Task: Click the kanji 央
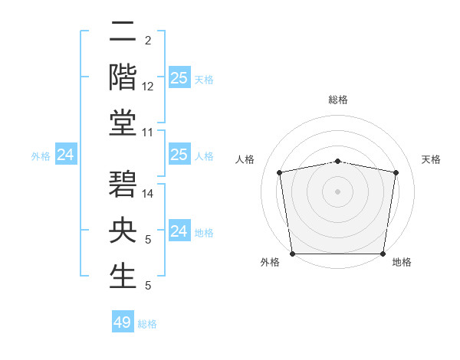[x=123, y=231]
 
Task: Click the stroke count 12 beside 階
[x=148, y=87]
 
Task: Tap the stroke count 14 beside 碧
[x=148, y=195]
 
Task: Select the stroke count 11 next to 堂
[x=148, y=133]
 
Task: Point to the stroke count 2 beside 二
[x=147, y=41]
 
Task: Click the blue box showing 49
[x=123, y=322]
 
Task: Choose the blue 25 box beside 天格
[x=179, y=78]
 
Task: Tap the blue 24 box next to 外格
[x=66, y=155]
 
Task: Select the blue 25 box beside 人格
[x=179, y=155]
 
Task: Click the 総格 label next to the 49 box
[x=147, y=324]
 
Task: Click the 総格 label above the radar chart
[x=337, y=100]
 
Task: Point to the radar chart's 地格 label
[x=402, y=262]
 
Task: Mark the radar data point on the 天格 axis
[x=396, y=172]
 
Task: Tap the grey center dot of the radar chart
[x=337, y=191]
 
